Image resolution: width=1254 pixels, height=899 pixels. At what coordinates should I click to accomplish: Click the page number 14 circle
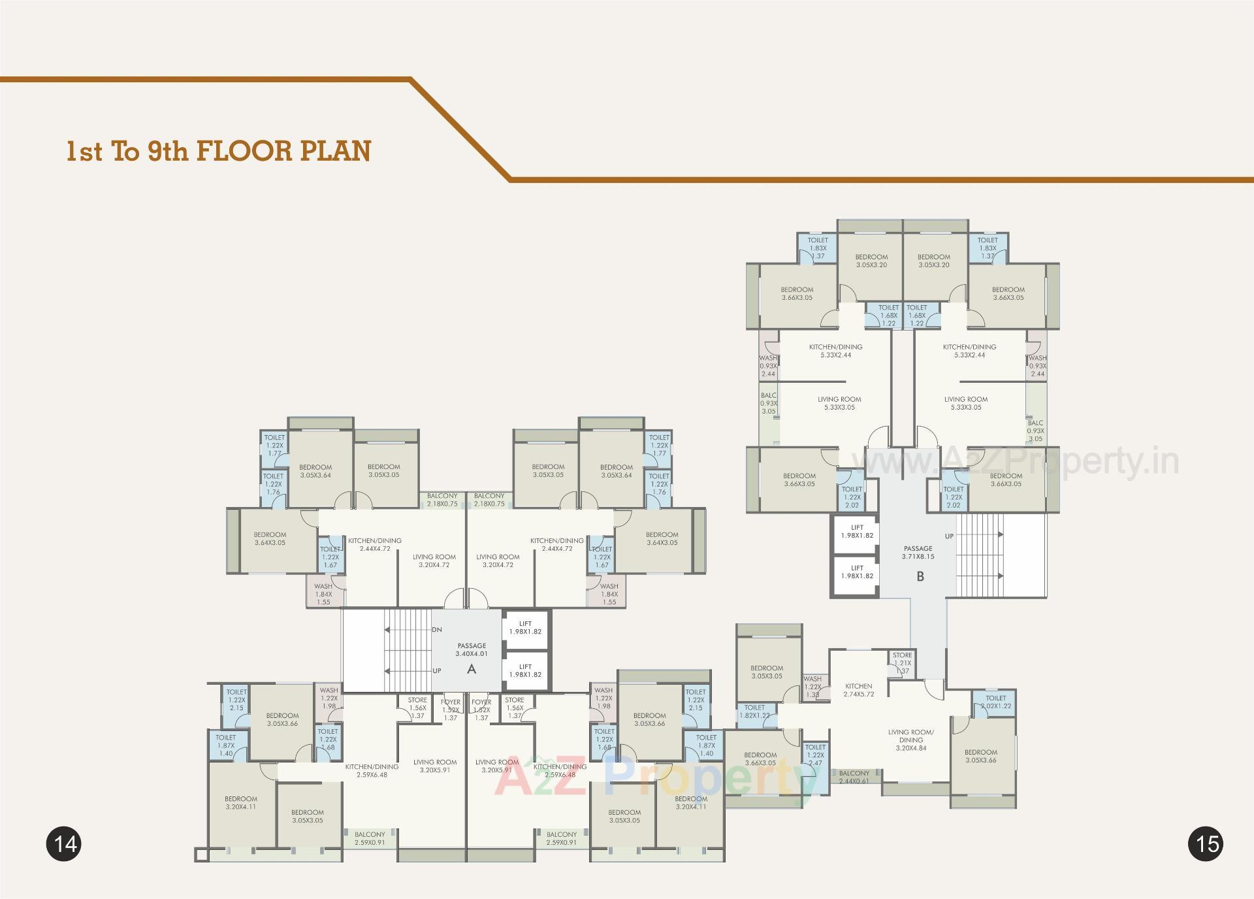(x=64, y=843)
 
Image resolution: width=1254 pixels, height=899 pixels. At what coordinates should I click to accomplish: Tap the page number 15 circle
(x=1206, y=843)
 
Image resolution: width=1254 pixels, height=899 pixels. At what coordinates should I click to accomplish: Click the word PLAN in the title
(x=336, y=151)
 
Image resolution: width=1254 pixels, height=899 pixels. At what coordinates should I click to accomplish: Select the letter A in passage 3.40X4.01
(x=472, y=669)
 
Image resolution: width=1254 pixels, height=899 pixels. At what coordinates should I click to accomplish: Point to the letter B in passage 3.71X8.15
(x=920, y=576)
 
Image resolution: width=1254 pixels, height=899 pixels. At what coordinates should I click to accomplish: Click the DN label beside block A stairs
(x=437, y=630)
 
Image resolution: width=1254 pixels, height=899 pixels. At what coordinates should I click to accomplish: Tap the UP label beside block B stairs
(x=949, y=536)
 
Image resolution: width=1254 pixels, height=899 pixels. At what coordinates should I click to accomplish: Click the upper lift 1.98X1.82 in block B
(x=857, y=532)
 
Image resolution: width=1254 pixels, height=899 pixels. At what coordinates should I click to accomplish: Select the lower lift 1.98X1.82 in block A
(x=525, y=671)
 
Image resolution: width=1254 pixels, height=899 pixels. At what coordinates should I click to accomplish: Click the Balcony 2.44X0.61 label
(x=854, y=777)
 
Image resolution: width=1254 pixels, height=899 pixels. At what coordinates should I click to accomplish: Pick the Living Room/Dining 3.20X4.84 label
(x=910, y=740)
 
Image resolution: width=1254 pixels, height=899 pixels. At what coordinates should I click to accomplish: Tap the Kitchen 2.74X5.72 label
(x=858, y=690)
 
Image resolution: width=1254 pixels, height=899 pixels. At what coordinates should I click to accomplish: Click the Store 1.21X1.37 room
(x=902, y=662)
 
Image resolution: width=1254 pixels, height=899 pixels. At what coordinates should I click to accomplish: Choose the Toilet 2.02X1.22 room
(x=995, y=702)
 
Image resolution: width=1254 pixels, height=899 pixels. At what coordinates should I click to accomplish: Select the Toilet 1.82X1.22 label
(x=754, y=711)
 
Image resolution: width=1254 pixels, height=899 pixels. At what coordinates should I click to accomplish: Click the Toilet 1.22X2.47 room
(x=815, y=755)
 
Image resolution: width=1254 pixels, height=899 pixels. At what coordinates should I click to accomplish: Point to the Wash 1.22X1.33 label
(x=812, y=687)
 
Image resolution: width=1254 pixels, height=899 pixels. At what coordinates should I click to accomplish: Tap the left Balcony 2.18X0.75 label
(x=442, y=500)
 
